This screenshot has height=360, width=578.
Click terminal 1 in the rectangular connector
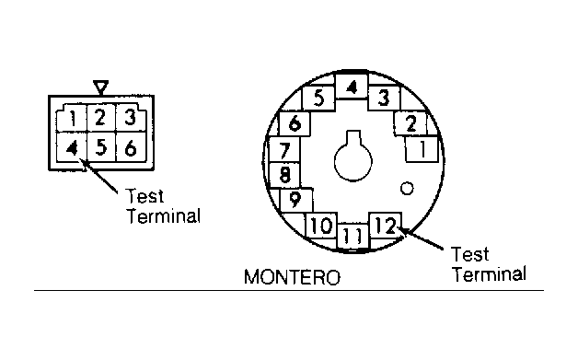click(72, 119)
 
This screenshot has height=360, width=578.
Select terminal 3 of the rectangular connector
click(131, 118)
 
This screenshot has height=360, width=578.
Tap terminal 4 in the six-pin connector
click(72, 147)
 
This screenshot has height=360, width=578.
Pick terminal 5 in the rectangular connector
click(101, 147)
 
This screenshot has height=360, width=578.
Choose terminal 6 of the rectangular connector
click(132, 147)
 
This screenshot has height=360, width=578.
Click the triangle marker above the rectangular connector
click(100, 87)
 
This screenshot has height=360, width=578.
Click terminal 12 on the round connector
click(386, 226)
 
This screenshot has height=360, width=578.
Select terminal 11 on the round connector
click(353, 236)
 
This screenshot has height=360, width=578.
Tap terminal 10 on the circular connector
click(321, 225)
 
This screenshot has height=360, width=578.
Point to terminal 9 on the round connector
click(296, 201)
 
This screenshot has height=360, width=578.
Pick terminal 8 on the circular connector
click(284, 174)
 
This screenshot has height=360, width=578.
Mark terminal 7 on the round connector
click(284, 149)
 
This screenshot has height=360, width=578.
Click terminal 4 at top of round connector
click(352, 87)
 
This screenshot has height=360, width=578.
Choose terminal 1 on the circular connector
click(422, 149)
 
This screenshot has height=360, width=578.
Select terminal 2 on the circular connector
click(410, 123)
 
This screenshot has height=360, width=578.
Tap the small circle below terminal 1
click(407, 189)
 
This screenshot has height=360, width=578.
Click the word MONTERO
click(293, 277)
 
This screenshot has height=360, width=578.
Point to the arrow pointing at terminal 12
click(422, 238)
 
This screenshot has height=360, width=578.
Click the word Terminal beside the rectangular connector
click(164, 216)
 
